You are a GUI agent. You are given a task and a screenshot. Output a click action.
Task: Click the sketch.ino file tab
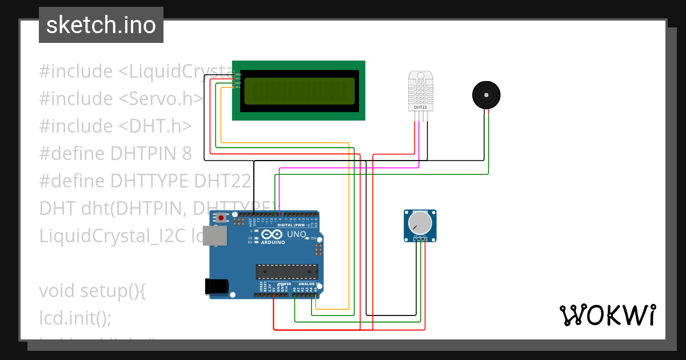tap(101, 25)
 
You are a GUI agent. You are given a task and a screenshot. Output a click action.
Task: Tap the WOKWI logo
tap(607, 315)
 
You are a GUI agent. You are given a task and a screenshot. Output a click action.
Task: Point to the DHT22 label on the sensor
tap(420, 107)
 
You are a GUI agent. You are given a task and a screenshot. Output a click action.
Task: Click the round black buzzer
tap(486, 94)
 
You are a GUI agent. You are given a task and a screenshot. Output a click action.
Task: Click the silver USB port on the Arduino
tap(214, 235)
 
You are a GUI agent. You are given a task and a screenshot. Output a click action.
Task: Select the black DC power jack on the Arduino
tap(217, 286)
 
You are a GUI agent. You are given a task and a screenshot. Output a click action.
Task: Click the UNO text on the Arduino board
tap(296, 234)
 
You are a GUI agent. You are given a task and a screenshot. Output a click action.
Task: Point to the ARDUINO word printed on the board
tap(273, 242)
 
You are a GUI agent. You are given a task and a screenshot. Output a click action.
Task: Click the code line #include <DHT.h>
tap(115, 126)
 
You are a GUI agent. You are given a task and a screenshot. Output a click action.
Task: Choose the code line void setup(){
tap(93, 291)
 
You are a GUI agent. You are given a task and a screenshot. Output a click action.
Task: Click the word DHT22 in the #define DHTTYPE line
tap(222, 181)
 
